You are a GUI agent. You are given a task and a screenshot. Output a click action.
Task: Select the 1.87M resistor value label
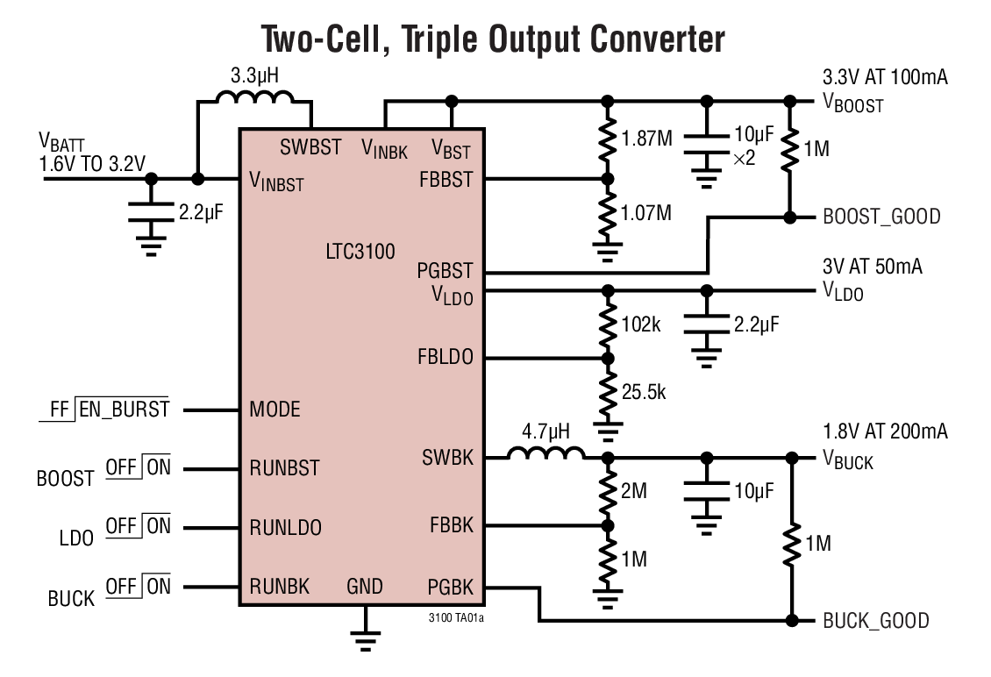tap(648, 138)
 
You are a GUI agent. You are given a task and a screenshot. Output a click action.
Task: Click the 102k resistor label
tap(641, 324)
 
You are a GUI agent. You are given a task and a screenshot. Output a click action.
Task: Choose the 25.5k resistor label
tap(645, 392)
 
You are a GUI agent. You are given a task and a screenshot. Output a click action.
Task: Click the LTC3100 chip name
tap(360, 252)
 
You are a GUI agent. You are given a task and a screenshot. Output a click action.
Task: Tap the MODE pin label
tap(274, 410)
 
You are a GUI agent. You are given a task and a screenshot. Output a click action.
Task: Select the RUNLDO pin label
tap(285, 527)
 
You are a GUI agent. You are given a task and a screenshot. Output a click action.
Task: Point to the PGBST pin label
tap(445, 271)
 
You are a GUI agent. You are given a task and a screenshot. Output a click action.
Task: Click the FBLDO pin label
tap(446, 358)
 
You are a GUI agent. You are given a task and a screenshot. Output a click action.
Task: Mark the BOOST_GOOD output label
tap(881, 217)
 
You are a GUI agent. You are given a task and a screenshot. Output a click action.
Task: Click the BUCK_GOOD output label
tap(875, 621)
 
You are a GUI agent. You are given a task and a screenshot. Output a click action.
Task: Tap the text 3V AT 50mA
tap(872, 267)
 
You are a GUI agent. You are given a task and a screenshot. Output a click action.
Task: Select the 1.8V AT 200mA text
tap(885, 431)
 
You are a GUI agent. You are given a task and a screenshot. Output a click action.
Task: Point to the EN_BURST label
tap(124, 410)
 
